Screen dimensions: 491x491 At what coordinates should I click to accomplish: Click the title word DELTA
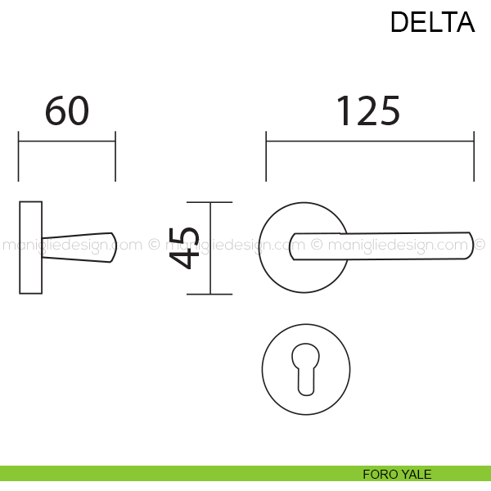click(x=432, y=22)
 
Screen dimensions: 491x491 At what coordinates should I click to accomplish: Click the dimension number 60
click(x=66, y=111)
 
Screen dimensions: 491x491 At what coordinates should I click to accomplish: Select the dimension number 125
click(x=368, y=111)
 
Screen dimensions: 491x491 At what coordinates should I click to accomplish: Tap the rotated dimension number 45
click(x=185, y=247)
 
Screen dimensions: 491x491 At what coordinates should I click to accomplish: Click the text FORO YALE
click(x=397, y=474)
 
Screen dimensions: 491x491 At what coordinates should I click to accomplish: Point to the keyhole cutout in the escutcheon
click(x=306, y=373)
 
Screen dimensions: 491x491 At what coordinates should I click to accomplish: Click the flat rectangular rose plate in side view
click(x=30, y=246)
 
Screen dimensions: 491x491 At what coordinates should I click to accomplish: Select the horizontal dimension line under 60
click(x=67, y=141)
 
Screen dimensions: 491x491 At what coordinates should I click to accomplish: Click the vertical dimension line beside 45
click(x=210, y=247)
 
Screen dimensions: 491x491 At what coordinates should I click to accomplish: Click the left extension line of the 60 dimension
click(x=19, y=155)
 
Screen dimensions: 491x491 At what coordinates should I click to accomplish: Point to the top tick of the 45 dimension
click(x=210, y=201)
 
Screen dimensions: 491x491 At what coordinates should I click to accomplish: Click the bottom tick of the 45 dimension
click(x=210, y=294)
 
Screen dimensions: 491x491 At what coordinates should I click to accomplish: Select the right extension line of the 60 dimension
click(x=115, y=155)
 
